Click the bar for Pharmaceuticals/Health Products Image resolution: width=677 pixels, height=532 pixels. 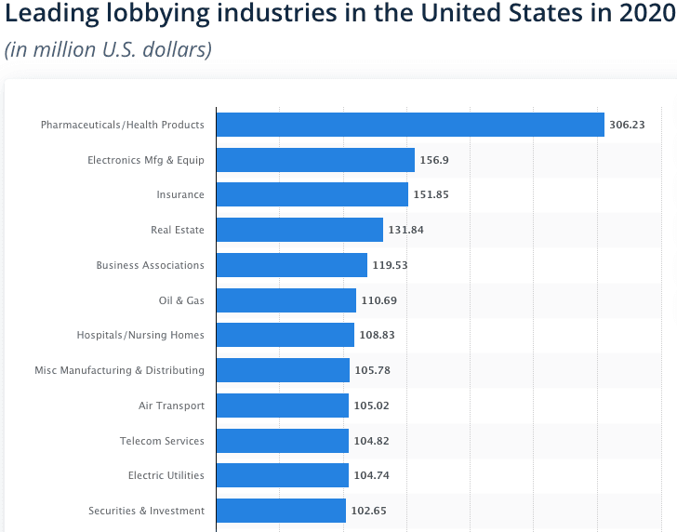pos(410,125)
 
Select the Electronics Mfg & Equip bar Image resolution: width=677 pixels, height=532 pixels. pos(315,160)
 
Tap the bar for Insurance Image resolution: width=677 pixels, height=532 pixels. pos(312,194)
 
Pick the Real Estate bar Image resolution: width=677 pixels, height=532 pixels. pos(299,230)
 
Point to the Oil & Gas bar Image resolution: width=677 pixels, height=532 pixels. pos(286,300)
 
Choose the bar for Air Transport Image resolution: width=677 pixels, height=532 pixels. pos(283,406)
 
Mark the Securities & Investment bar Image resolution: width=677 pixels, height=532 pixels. pos(281,511)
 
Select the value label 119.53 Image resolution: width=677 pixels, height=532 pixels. pos(391,265)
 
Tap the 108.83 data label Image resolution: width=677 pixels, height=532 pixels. pos(378,336)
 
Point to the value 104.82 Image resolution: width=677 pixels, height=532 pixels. pos(372,441)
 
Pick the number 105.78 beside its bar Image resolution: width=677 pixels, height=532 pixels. pos(373,370)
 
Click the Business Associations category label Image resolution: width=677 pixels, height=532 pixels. pos(150,265)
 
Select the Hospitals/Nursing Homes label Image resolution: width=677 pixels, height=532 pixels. pos(140,336)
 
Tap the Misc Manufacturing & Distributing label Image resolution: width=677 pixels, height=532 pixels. pos(119,370)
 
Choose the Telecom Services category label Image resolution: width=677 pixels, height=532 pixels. pos(162,441)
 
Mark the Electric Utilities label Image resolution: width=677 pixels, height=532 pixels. pos(166,475)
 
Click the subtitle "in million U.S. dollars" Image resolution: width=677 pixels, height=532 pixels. pos(108,49)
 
